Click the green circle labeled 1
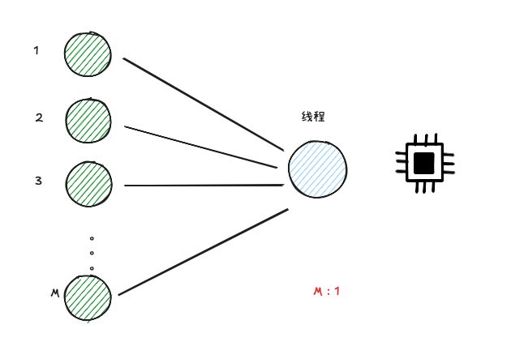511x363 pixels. click(88, 54)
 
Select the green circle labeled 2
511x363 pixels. click(88, 121)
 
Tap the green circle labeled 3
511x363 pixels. click(88, 183)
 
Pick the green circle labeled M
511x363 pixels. click(88, 297)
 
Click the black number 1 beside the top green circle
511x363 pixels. click(36, 50)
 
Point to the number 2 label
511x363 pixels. click(39, 117)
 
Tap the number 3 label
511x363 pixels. click(38, 181)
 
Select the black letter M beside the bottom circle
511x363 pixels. click(54, 292)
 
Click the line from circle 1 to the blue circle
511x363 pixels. click(203, 104)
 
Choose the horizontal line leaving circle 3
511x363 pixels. click(203, 185)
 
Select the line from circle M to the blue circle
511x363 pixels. click(203, 252)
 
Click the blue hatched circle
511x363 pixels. click(317, 169)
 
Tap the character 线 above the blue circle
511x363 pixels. click(307, 117)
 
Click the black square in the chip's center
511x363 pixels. click(423, 163)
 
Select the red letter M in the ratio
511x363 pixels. click(317, 292)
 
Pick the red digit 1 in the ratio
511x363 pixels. click(337, 292)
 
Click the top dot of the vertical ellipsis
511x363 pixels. click(92, 239)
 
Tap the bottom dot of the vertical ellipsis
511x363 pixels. click(92, 268)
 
